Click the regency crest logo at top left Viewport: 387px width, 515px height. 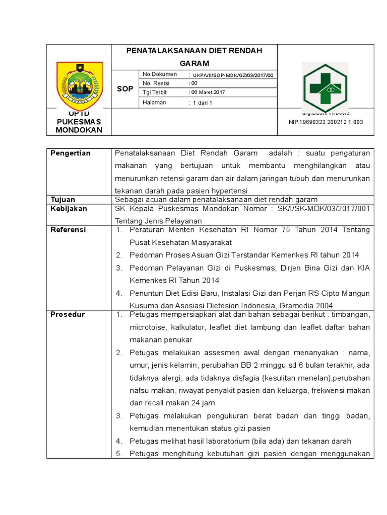coord(79,85)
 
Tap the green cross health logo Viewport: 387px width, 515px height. coord(324,88)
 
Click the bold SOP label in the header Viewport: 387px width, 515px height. coord(125,89)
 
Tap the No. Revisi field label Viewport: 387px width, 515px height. coord(156,83)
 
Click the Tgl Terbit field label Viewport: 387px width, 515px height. coord(155,93)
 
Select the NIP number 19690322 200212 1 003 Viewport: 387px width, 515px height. coord(325,122)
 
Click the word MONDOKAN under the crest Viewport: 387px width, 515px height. coord(79,130)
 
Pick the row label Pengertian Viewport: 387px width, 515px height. coord(71,153)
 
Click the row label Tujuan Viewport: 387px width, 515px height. coord(62,199)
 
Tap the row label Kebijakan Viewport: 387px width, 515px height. coord(69,208)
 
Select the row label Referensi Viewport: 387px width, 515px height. coord(68,229)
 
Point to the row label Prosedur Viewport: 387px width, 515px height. coord(68,314)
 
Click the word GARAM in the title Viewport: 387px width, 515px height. coord(194,63)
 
